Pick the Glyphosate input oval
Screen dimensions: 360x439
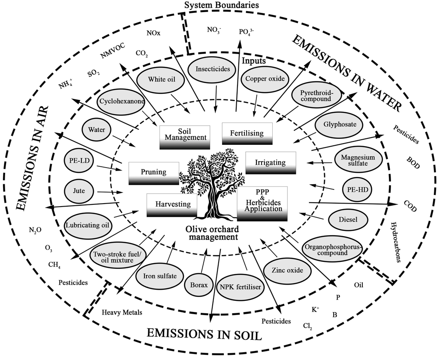point(342,125)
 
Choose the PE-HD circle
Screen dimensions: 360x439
point(358,189)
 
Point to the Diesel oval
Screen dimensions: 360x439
point(348,219)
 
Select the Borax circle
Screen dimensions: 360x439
point(198,284)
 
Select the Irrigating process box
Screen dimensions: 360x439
point(271,163)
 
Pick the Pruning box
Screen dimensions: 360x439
point(153,172)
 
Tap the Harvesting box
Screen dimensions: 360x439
point(171,204)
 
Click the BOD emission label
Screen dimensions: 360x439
point(413,160)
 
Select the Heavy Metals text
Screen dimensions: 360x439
point(122,312)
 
